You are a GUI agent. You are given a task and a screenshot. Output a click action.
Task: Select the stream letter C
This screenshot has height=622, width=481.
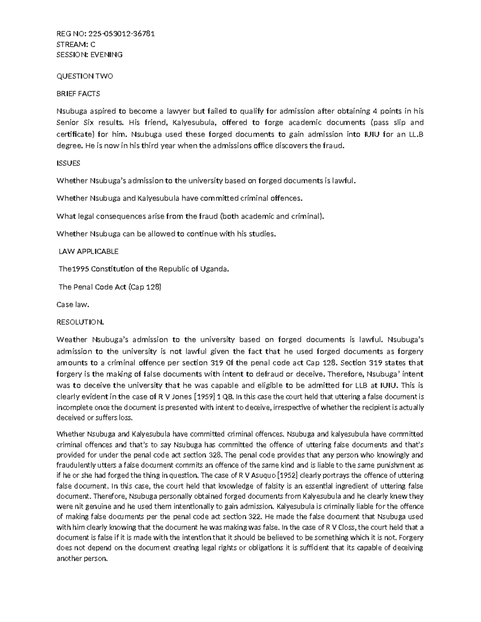click(x=93, y=44)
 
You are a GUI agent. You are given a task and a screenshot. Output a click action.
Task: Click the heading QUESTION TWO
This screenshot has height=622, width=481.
click(x=85, y=76)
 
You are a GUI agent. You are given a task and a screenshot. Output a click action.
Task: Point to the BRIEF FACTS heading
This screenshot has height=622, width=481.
click(x=78, y=94)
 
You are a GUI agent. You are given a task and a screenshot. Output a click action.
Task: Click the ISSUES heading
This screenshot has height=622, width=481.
click(x=68, y=163)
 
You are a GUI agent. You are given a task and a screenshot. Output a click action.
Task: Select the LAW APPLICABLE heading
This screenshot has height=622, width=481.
click(x=89, y=252)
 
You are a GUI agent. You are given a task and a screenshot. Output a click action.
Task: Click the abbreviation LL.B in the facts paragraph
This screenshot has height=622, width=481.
click(x=414, y=134)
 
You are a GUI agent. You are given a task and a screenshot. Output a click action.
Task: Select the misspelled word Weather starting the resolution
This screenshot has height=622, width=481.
click(x=72, y=340)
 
